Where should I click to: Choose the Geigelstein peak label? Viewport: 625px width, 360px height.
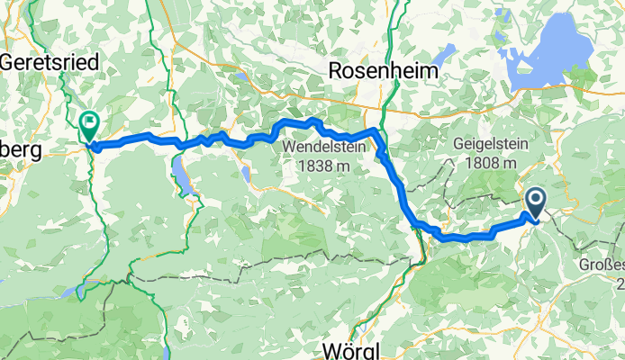487,145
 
